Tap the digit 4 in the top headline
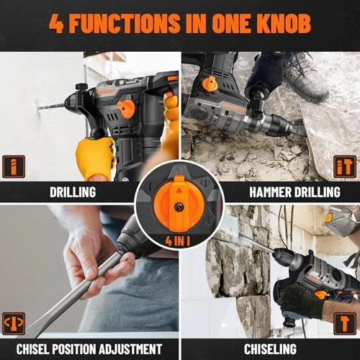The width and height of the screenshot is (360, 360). pyautogui.click(x=56, y=23)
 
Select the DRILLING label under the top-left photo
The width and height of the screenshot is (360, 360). pyautogui.click(x=73, y=192)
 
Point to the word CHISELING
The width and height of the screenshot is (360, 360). pyautogui.click(x=270, y=349)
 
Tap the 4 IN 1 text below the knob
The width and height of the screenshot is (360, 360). pyautogui.click(x=178, y=241)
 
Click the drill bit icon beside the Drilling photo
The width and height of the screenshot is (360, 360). pyautogui.click(x=14, y=166)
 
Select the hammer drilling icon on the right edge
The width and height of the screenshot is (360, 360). pyautogui.click(x=345, y=166)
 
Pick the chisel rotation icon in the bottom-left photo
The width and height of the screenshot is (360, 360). pyautogui.click(x=14, y=323)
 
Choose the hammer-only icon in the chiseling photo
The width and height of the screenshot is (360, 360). pyautogui.click(x=345, y=323)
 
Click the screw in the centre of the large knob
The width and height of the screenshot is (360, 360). pyautogui.click(x=179, y=207)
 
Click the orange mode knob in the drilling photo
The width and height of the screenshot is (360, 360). pyautogui.click(x=126, y=109)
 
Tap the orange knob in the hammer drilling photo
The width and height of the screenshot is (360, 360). pyautogui.click(x=210, y=84)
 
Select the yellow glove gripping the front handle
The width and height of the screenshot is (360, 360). pyautogui.click(x=95, y=158)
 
